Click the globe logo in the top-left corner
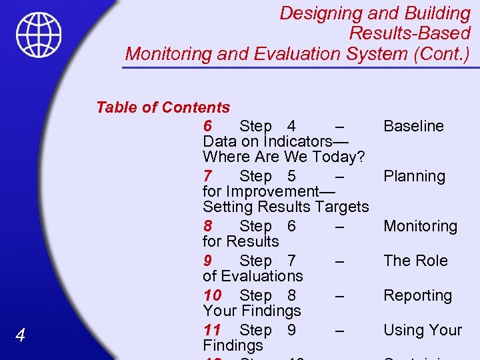tap(39, 35)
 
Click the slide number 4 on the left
tap(20, 336)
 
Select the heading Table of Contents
tap(163, 107)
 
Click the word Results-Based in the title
tap(409, 33)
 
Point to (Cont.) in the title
tap(441, 54)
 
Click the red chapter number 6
tap(207, 126)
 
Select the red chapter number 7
tap(207, 176)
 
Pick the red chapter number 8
tap(207, 226)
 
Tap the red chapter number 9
tap(207, 261)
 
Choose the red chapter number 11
tap(212, 330)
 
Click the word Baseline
tap(413, 126)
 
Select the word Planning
tap(414, 176)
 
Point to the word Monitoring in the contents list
tap(420, 226)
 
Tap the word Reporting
tap(417, 295)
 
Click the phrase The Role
tap(415, 261)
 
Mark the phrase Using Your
tap(422, 330)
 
